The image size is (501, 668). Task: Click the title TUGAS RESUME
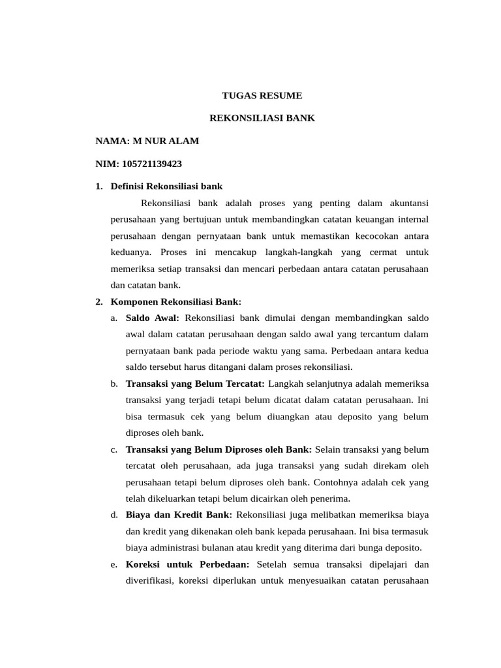point(262,96)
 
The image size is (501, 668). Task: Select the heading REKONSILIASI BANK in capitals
point(262,119)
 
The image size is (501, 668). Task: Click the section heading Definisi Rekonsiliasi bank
point(167,187)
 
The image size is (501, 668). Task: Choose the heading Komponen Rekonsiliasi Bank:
point(176,302)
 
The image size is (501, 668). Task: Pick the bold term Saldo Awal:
point(153,318)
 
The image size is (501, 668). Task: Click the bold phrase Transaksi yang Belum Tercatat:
point(195,384)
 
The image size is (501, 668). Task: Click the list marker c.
point(114,450)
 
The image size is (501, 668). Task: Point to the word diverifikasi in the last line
point(149,581)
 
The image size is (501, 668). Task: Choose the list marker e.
point(114,565)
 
